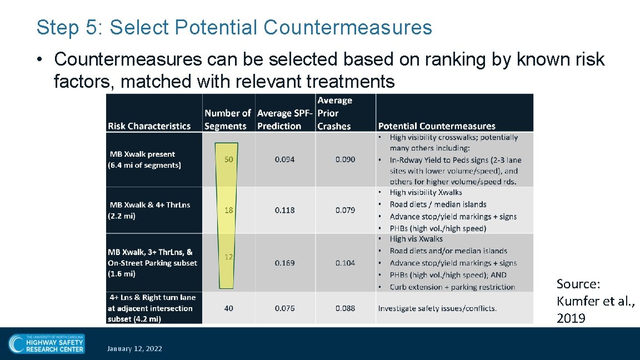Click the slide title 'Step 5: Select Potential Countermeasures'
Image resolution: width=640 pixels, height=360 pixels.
[x=234, y=27]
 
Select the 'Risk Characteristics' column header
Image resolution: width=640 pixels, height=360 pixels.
[x=149, y=126]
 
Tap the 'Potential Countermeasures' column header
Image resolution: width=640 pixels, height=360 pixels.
[x=437, y=126]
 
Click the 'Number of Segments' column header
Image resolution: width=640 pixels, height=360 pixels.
[x=228, y=119]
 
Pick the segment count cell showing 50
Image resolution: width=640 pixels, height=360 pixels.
[x=229, y=159]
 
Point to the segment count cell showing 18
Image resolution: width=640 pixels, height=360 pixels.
[x=229, y=210]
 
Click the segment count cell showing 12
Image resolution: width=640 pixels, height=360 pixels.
[x=229, y=257]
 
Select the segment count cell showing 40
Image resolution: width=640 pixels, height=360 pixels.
[x=229, y=308]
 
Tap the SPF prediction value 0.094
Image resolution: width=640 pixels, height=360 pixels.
[x=284, y=159]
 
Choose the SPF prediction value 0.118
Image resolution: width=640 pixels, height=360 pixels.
[x=284, y=210]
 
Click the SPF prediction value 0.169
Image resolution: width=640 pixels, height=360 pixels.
[x=284, y=263]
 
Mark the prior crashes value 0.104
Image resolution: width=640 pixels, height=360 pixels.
[x=345, y=263]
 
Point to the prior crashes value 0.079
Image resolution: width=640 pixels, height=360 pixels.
[x=345, y=210]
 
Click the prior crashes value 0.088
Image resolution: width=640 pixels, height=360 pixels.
[x=345, y=308]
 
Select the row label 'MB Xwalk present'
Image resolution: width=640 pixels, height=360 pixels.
[x=142, y=154]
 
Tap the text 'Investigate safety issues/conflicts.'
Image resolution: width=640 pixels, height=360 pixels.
[x=437, y=308]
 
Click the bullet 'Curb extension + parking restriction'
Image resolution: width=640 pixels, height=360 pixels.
[x=452, y=287]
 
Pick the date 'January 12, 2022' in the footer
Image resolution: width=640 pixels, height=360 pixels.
[x=134, y=348]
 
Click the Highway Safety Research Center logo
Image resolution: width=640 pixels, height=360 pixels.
[x=47, y=343]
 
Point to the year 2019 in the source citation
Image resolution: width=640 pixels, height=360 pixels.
[x=571, y=318]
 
